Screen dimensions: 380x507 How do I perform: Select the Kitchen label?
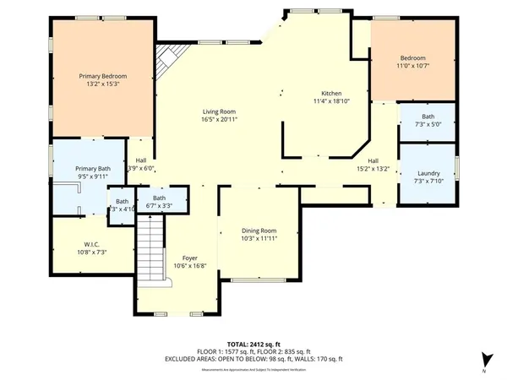tap(330, 94)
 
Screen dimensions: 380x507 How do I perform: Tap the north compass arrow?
tap(484, 359)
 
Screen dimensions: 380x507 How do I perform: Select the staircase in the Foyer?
tap(150, 245)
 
